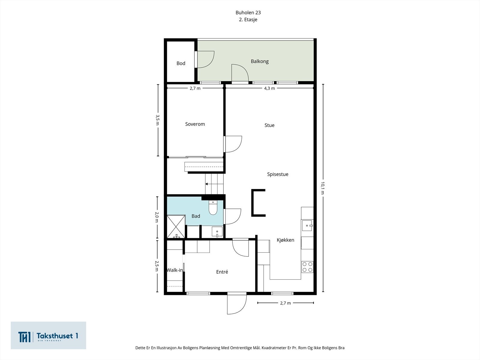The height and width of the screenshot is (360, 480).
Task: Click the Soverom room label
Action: point(195,124)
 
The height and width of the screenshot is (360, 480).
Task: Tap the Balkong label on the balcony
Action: point(259,61)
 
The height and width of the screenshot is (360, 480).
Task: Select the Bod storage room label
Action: point(181,63)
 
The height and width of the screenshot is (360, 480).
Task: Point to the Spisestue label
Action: point(277,174)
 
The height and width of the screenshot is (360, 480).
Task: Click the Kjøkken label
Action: point(285,240)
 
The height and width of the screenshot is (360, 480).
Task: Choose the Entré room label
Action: point(222,272)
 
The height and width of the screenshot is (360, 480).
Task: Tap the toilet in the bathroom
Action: point(213,208)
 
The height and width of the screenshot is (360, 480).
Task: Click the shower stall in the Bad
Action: point(176,226)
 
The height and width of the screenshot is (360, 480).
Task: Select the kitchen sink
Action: point(307,225)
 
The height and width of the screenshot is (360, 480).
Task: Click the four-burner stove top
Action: point(307,267)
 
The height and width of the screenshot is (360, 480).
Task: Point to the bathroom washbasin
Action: point(217,232)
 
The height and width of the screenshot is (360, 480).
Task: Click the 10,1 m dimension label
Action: point(323,188)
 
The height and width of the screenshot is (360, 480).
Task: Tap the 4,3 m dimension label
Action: point(269,88)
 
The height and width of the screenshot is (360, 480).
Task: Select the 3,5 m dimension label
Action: point(157,120)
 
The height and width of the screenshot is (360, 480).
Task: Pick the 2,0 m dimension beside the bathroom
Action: point(157,217)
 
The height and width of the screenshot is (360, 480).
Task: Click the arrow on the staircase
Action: point(206,184)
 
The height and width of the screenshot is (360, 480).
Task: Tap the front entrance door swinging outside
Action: point(237,304)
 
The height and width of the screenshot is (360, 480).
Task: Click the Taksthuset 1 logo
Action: point(48,335)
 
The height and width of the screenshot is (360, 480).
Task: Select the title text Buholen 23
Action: point(248,13)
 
